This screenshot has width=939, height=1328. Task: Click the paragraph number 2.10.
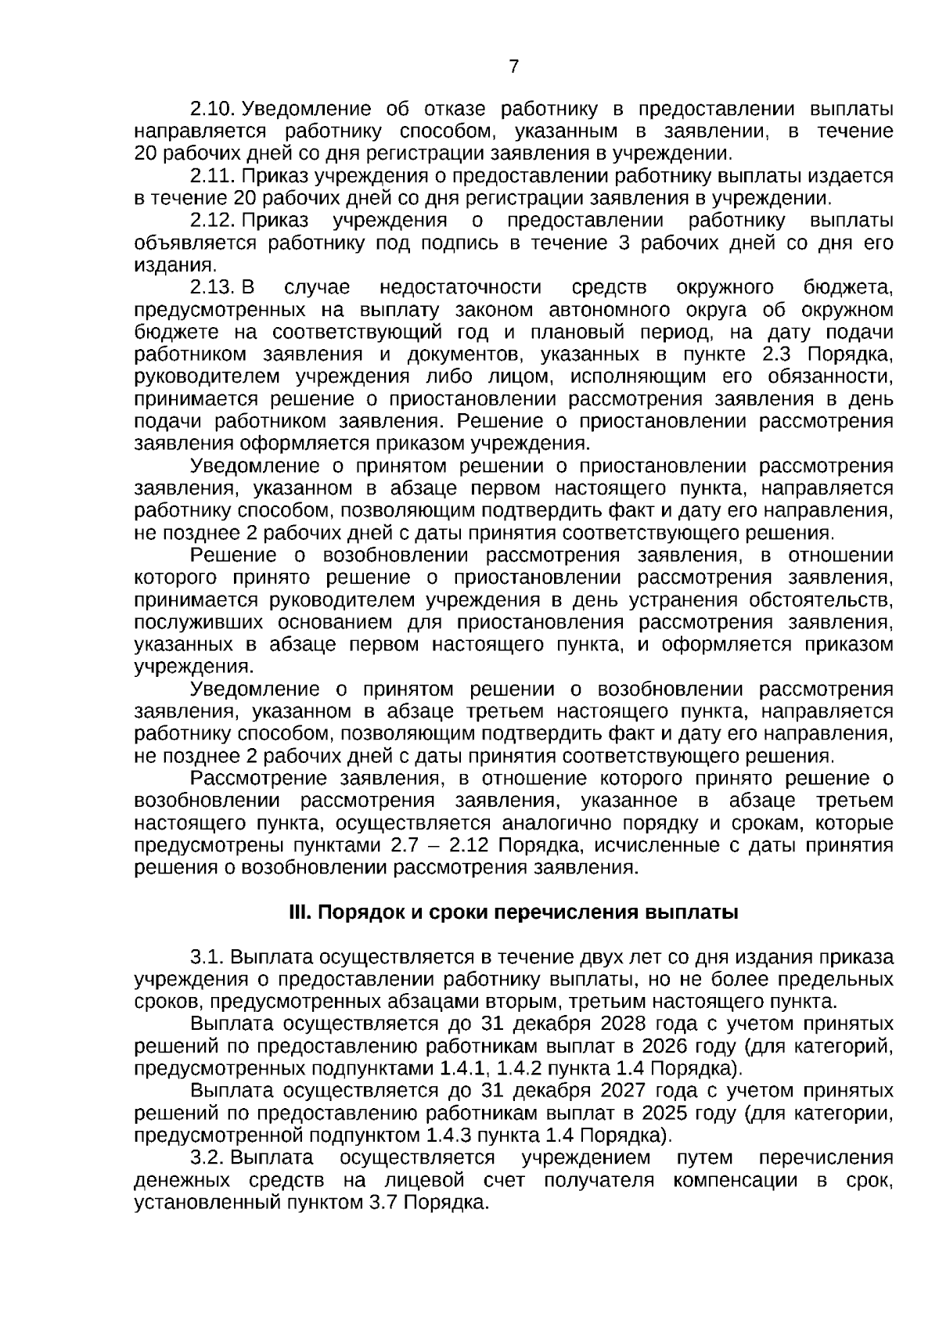pos(213,109)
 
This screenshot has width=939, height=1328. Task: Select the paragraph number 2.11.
pos(213,176)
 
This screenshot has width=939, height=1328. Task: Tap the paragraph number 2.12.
pos(213,221)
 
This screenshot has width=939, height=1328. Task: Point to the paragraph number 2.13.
pos(213,288)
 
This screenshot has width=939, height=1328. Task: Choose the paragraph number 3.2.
pos(209,1158)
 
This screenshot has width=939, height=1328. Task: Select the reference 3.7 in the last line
pos(383,1203)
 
